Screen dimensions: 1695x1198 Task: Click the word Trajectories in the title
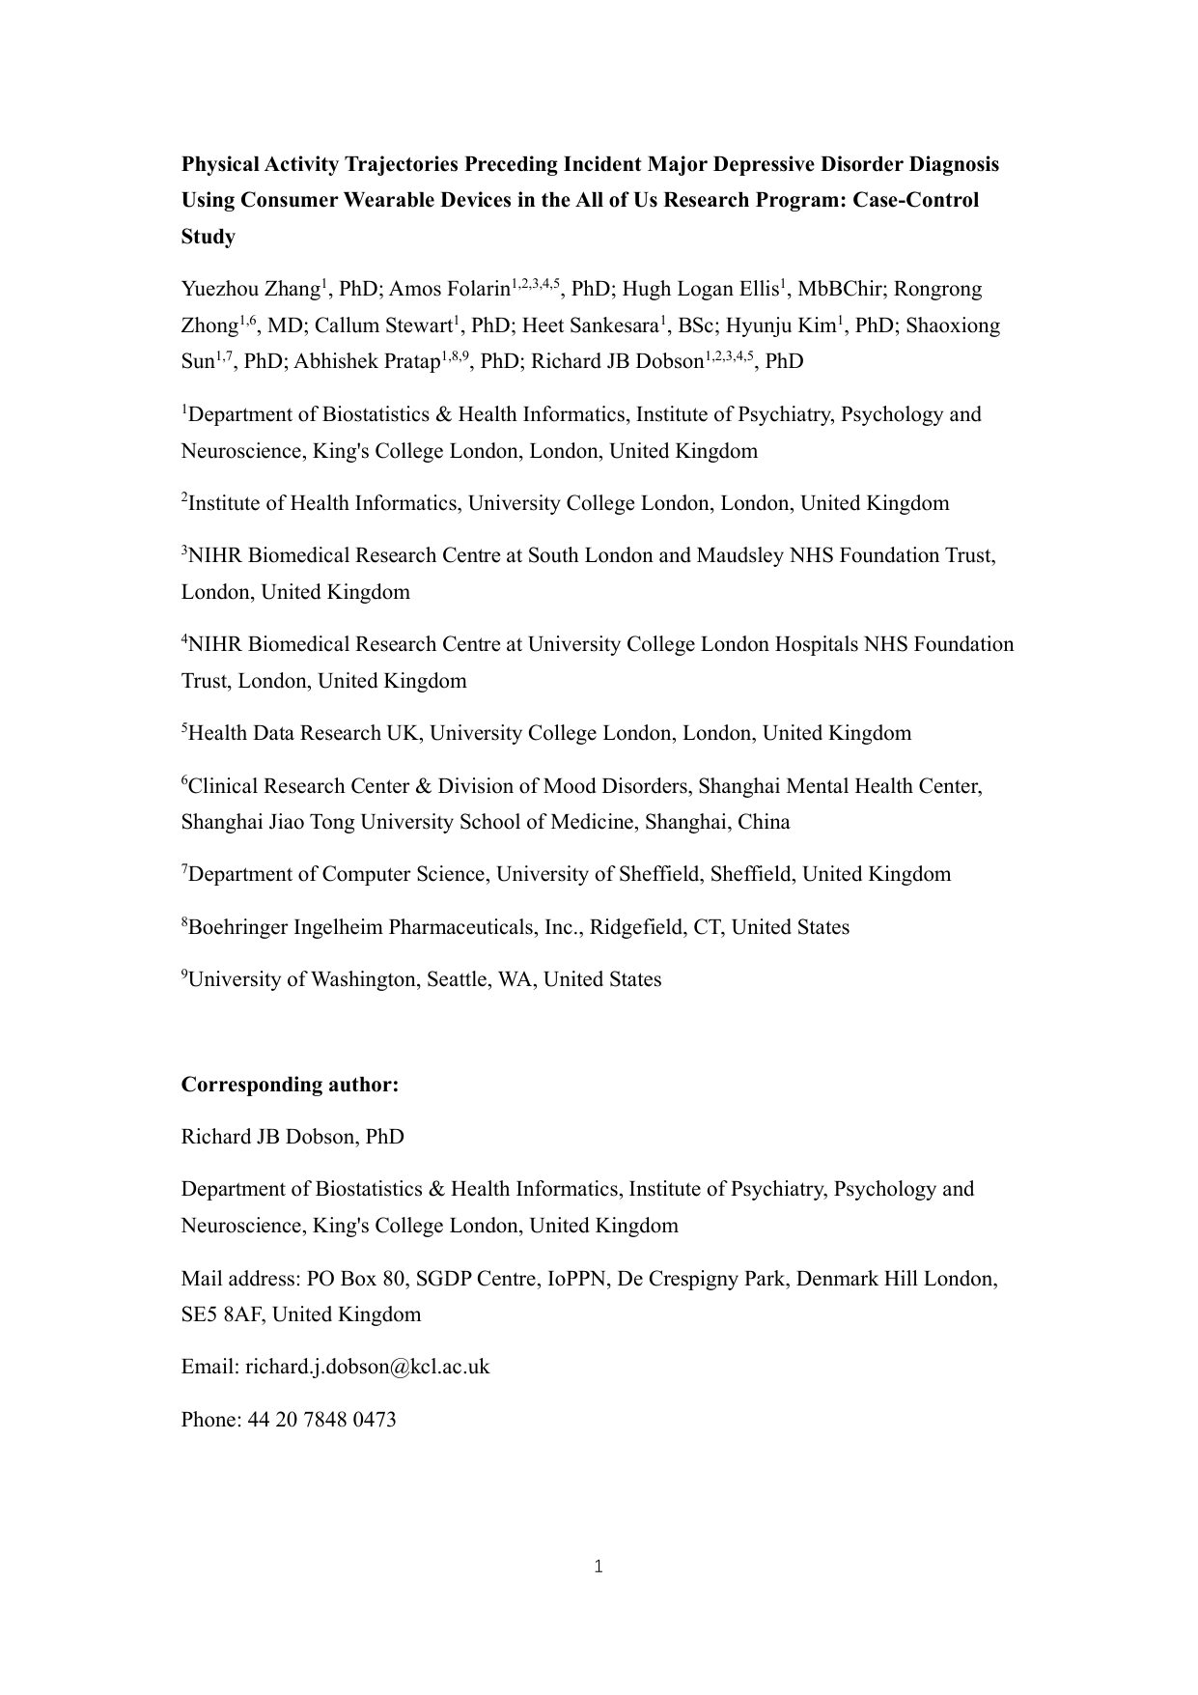pyautogui.click(x=400, y=164)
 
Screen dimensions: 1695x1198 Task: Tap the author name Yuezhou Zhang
pyautogui.click(x=250, y=289)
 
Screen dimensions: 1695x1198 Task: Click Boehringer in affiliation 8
pyautogui.click(x=237, y=927)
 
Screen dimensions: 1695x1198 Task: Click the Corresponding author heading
pyautogui.click(x=290, y=1085)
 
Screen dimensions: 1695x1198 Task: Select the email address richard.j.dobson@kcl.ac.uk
pyautogui.click(x=367, y=1367)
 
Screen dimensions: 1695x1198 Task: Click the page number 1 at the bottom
pyautogui.click(x=599, y=1567)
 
